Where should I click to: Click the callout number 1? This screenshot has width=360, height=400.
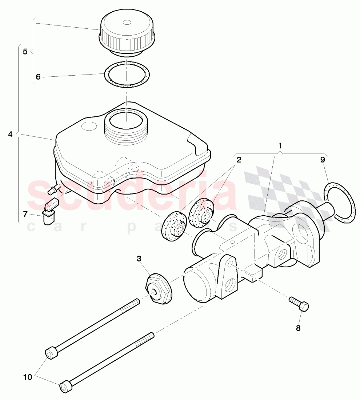pyautogui.click(x=280, y=145)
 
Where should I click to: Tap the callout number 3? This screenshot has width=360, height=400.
pyautogui.click(x=139, y=259)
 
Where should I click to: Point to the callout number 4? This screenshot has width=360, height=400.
pyautogui.click(x=10, y=135)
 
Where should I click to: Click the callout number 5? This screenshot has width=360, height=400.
pyautogui.click(x=25, y=51)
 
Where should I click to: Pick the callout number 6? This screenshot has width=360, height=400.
pyautogui.click(x=38, y=76)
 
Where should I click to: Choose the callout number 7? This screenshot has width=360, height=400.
pyautogui.click(x=25, y=214)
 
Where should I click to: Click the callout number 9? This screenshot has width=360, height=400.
pyautogui.click(x=323, y=159)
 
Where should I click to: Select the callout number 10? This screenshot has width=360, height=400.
pyautogui.click(x=28, y=377)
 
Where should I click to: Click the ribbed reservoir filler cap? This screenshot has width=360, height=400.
pyautogui.click(x=127, y=33)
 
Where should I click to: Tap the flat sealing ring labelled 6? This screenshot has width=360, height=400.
pyautogui.click(x=127, y=75)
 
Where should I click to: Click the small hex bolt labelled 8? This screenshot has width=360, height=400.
pyautogui.click(x=299, y=304)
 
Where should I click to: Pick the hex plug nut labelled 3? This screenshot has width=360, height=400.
pyautogui.click(x=158, y=289)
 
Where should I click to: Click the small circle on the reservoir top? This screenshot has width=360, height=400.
pyautogui.click(x=88, y=126)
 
